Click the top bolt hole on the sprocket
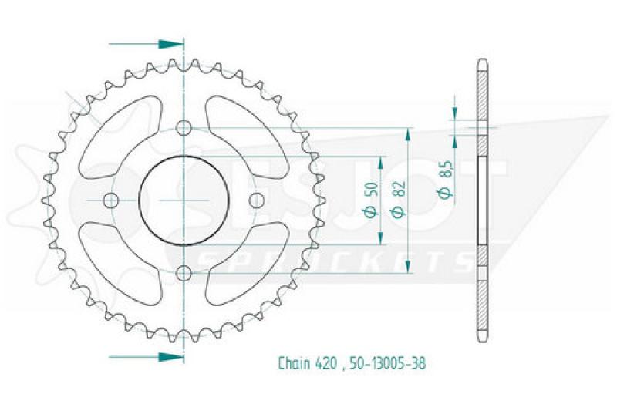[x=184, y=128]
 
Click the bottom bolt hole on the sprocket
[x=184, y=273]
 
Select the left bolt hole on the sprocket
[x=110, y=200]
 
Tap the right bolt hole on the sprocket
[x=257, y=200]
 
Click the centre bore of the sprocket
[x=184, y=200]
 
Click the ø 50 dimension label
[x=373, y=200]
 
